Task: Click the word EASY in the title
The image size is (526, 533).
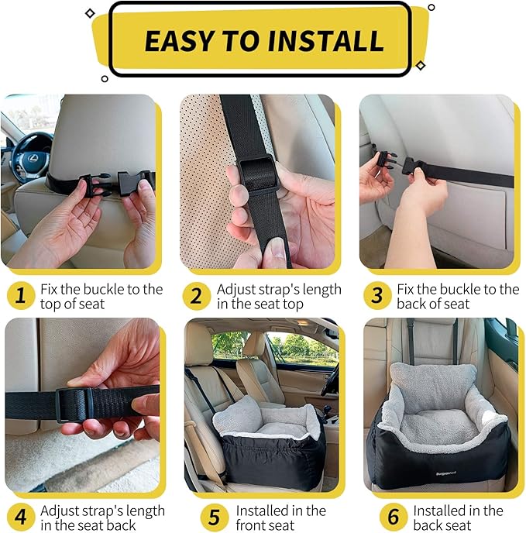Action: (184, 40)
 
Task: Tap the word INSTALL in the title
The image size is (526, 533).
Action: (326, 40)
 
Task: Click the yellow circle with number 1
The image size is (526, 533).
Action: (21, 295)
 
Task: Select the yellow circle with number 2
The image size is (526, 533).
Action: (197, 295)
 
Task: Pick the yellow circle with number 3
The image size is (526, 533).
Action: (377, 295)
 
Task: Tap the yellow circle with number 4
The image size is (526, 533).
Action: (21, 517)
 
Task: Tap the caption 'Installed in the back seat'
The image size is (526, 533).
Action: (458, 518)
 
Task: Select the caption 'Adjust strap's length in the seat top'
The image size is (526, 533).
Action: (278, 296)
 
